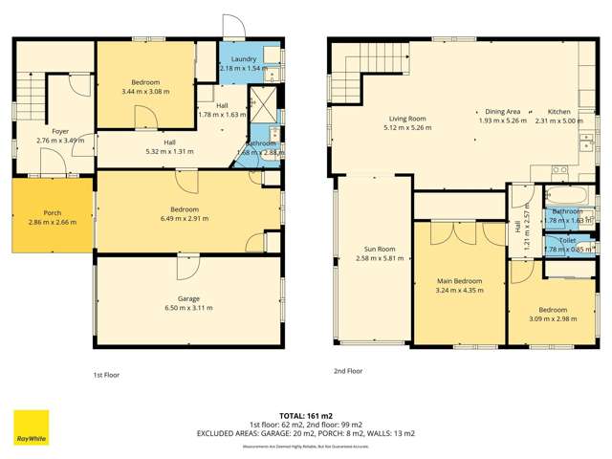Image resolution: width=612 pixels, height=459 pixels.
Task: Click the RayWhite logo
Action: click(31, 427)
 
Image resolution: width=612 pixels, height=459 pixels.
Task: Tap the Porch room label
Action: click(53, 212)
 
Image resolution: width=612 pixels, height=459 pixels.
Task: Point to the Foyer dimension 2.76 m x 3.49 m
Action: click(60, 141)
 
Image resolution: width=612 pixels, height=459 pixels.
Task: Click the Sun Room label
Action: click(374, 248)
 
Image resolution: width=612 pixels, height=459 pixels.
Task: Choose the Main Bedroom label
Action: click(458, 281)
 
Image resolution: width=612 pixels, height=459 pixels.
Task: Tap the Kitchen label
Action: click(558, 111)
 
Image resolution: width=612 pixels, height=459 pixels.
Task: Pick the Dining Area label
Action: click(502, 111)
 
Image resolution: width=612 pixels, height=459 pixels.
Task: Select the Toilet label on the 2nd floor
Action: click(567, 241)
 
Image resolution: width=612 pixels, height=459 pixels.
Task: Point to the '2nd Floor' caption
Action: click(348, 371)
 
